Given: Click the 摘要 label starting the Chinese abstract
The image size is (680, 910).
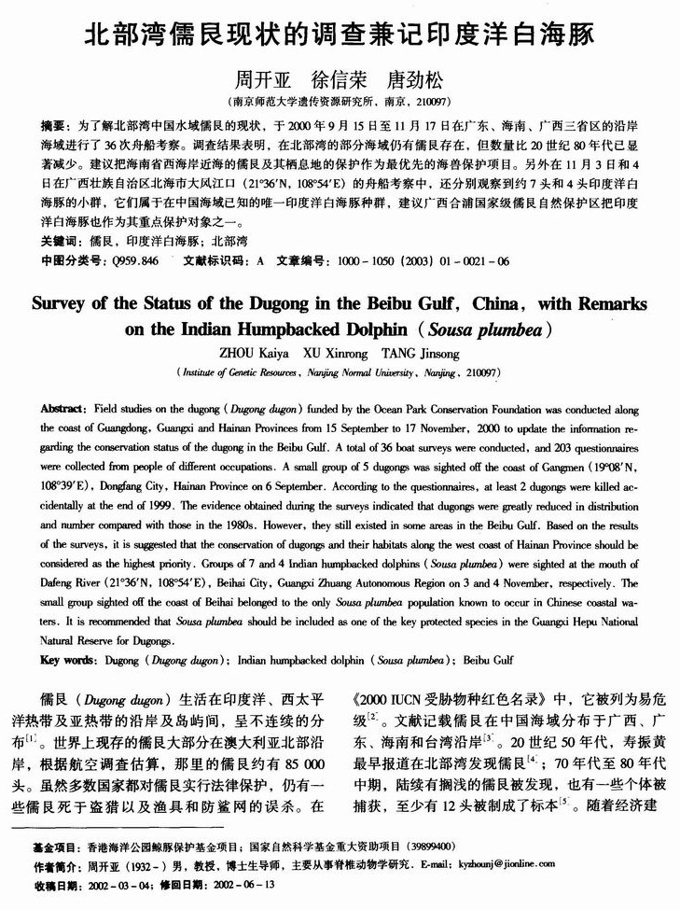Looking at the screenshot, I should tap(53, 123).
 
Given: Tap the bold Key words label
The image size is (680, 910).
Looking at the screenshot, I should tap(66, 660).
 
